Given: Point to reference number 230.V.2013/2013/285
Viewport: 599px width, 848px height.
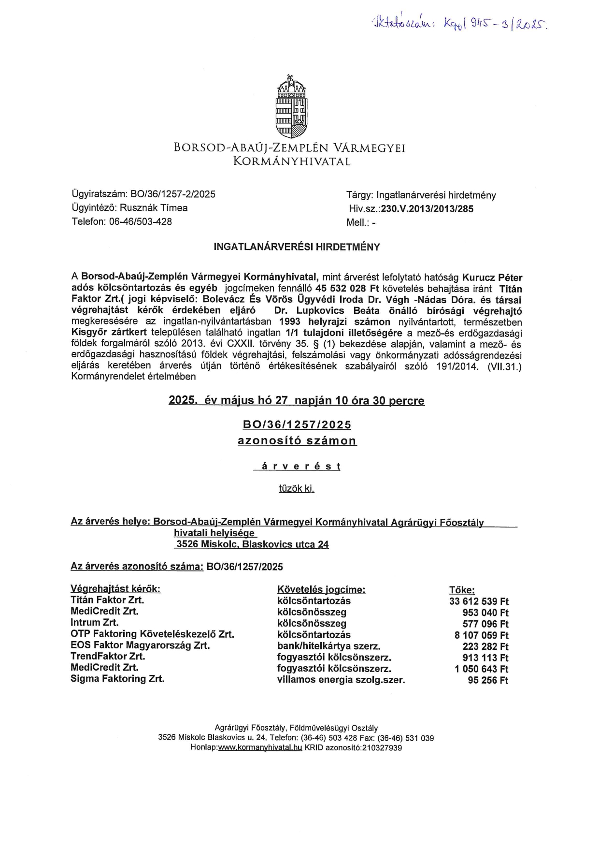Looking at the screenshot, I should pyautogui.click(x=427, y=209).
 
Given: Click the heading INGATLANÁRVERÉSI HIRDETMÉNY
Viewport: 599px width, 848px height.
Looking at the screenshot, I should pyautogui.click(x=297, y=247).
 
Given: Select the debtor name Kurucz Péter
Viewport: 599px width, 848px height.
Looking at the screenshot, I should pyautogui.click(x=492, y=278).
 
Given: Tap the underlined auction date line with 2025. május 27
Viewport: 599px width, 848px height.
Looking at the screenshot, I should pyautogui.click(x=296, y=401).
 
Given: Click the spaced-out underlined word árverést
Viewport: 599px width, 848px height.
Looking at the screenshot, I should pyautogui.click(x=297, y=467).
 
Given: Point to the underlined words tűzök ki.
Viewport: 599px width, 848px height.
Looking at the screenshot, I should pyautogui.click(x=297, y=489).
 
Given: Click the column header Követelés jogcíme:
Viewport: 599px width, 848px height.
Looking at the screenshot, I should pyautogui.click(x=321, y=589).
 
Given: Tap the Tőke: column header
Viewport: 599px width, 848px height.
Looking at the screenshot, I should pyautogui.click(x=462, y=590).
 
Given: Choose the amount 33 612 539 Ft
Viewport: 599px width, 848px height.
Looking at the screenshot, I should pyautogui.click(x=479, y=601).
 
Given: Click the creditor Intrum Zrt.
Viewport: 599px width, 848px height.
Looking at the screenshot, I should pyautogui.click(x=95, y=623).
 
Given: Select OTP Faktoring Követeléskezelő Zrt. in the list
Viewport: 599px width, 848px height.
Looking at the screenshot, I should pyautogui.click(x=152, y=634).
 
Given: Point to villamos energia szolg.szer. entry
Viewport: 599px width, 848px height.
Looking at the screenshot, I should pyautogui.click(x=341, y=680).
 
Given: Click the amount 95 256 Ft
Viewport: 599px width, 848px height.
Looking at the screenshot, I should pyautogui.click(x=488, y=680).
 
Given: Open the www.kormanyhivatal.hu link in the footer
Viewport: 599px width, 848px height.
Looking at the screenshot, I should pyautogui.click(x=260, y=747).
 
